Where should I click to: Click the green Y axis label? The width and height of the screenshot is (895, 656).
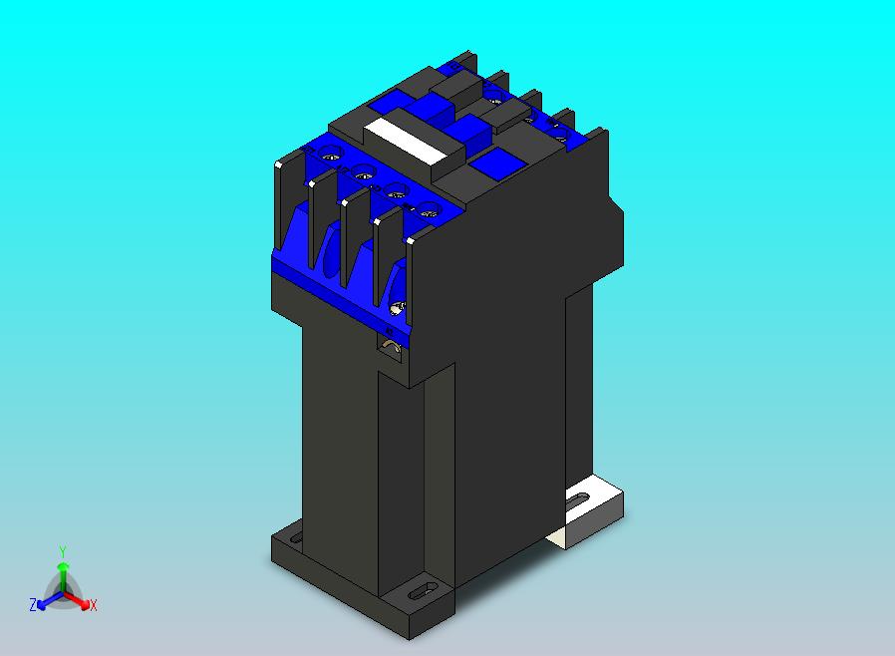click(63, 550)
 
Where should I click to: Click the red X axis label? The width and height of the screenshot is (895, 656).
click(93, 605)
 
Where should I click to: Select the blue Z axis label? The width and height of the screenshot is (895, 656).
click(33, 605)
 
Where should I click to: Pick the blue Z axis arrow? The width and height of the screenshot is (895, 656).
click(45, 601)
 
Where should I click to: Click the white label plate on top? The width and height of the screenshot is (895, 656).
click(403, 139)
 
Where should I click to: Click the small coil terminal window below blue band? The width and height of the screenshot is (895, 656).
click(392, 347)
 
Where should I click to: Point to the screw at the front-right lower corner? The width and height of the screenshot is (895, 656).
click(400, 306)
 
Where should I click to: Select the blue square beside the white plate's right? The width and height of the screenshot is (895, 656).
click(494, 165)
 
